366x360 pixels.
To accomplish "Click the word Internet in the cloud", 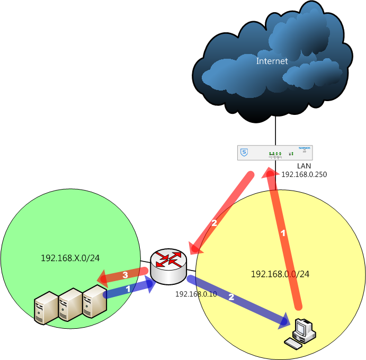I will coord(272,61).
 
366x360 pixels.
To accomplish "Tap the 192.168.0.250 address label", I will coord(304,174).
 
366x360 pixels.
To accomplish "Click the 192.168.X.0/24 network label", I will coord(70,258).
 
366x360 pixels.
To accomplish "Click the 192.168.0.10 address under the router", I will coord(196,294).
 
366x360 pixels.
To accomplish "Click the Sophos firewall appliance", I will coord(275,153).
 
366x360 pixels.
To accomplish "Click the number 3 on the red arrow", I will coord(125,275).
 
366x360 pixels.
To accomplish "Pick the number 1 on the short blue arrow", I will coord(128,289).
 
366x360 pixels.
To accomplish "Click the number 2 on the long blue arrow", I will coord(231,298).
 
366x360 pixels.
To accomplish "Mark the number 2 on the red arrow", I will coord(215,223).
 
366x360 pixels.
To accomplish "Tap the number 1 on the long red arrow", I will coord(283,233).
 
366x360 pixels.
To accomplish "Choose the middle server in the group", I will coord(69,305).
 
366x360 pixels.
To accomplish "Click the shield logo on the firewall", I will coord(244,152).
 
